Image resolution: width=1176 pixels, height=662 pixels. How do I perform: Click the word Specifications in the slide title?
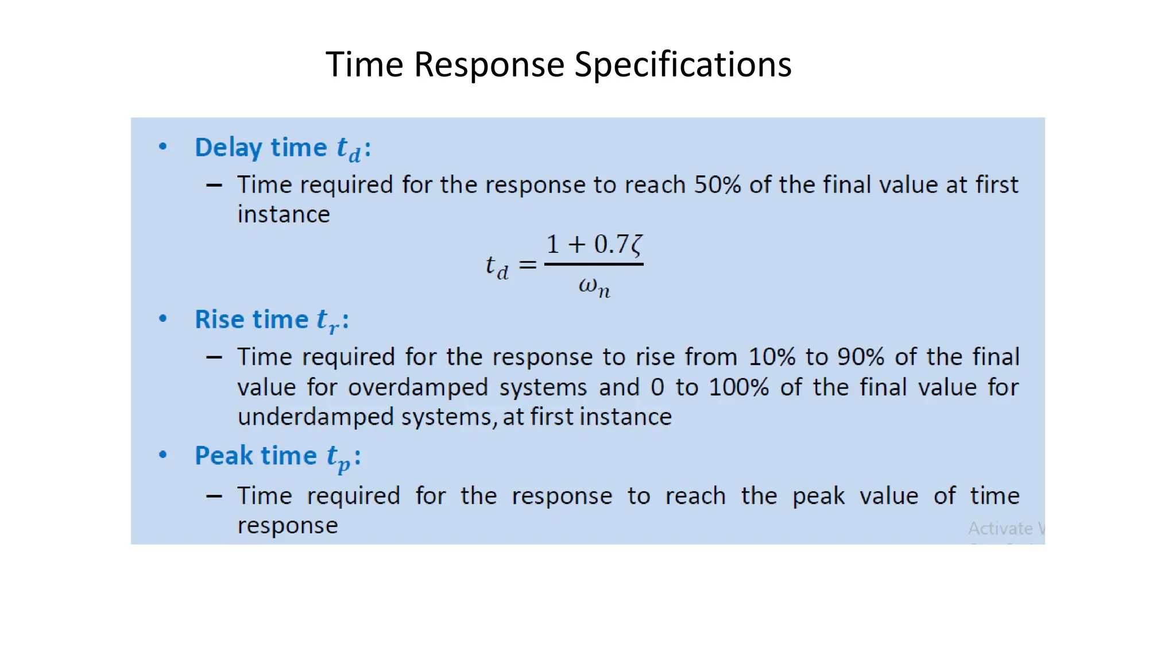tap(683, 64)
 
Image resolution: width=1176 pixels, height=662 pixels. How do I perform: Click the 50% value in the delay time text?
tap(717, 185)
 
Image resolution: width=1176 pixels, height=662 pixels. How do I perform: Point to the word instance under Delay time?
tap(284, 214)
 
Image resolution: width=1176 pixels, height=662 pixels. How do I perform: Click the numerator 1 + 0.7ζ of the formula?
tap(594, 245)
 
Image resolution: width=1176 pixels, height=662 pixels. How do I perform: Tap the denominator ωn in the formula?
tap(594, 286)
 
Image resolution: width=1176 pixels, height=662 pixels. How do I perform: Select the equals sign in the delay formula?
tap(527, 265)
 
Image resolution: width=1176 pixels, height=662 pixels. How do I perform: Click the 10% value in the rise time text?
tap(772, 357)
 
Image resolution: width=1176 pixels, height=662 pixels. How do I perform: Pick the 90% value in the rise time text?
tap(860, 357)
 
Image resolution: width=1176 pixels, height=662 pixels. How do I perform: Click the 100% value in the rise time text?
tap(738, 387)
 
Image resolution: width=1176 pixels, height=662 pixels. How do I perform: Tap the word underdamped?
tap(315, 417)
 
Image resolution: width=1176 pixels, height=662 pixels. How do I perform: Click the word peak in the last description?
tap(818, 496)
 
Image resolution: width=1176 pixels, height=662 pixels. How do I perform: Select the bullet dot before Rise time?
tap(163, 318)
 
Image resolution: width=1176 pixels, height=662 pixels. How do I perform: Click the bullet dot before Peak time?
tap(163, 455)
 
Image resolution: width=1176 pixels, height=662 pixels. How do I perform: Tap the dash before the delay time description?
tap(214, 185)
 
